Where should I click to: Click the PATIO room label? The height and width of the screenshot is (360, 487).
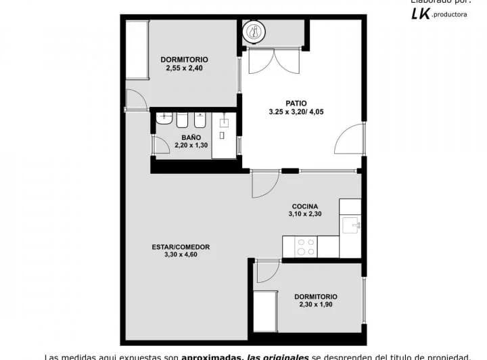point(296,104)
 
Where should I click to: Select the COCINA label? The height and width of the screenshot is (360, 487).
point(304,206)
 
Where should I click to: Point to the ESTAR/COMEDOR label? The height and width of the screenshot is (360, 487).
point(181,247)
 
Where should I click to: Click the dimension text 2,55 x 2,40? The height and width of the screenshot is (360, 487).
point(185,68)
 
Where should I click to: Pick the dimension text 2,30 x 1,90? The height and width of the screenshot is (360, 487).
point(316,305)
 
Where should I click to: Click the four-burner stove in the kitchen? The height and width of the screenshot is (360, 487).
point(306,246)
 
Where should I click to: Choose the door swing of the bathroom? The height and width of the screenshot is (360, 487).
point(161,145)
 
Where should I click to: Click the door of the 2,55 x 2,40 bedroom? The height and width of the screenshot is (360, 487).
point(135,99)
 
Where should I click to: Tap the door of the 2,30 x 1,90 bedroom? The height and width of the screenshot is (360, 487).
point(267,271)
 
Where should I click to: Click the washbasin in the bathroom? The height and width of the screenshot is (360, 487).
point(164,119)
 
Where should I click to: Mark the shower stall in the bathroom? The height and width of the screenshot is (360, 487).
point(223,135)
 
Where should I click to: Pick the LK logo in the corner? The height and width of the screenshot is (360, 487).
point(421,14)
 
